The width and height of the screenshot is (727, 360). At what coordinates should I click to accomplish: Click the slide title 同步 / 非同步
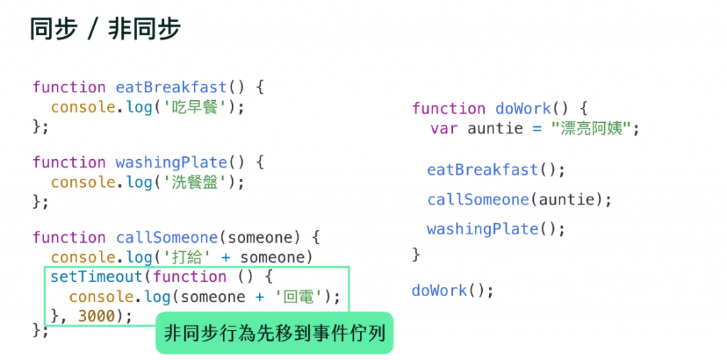click(105, 29)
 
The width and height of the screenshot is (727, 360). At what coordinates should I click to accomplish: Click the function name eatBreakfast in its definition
click(171, 87)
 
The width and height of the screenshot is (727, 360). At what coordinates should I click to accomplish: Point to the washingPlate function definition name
click(171, 163)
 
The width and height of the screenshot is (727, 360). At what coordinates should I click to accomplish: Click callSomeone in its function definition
click(167, 237)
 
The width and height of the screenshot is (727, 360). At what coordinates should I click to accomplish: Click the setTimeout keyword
click(97, 277)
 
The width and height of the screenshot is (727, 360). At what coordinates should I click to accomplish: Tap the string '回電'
click(301, 297)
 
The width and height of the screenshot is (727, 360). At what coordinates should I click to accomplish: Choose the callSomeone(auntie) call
click(519, 200)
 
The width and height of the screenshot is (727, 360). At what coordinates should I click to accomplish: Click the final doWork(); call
click(452, 290)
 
